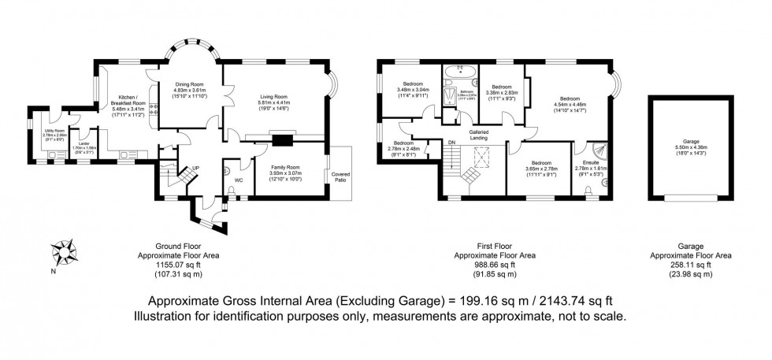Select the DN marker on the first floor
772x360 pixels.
coord(452,142)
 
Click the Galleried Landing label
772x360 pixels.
coord(480,134)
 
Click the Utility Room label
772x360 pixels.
coord(54,131)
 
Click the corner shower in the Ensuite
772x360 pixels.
coord(599,148)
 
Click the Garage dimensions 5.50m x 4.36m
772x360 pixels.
coord(690,154)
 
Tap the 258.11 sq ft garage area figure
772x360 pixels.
coord(690,265)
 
